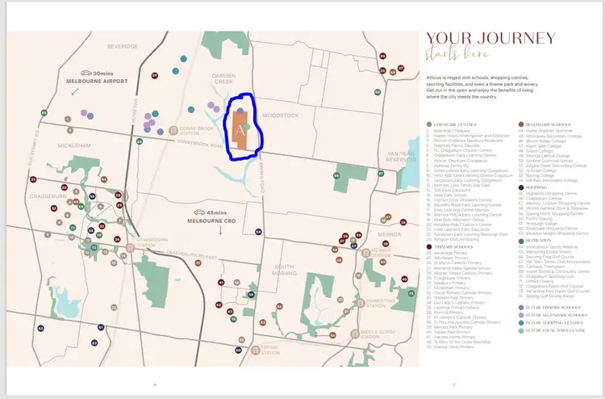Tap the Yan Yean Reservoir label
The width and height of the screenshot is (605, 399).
tap(399, 157)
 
